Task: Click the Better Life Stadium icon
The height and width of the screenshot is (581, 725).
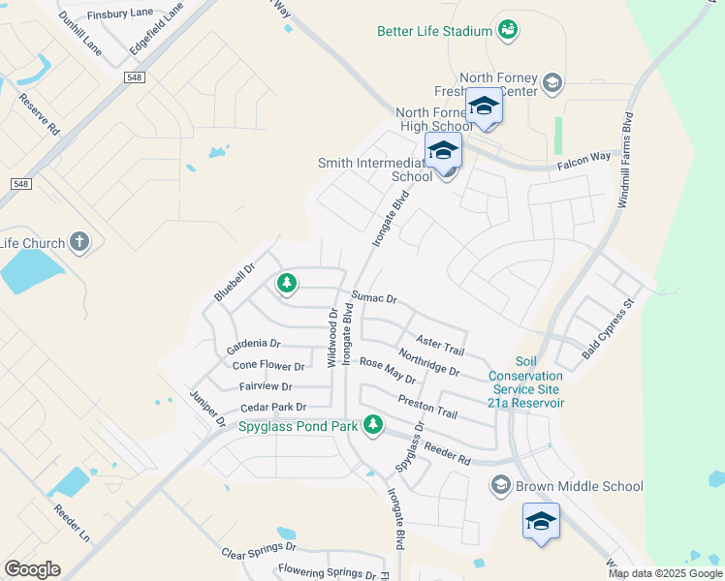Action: click(x=507, y=31)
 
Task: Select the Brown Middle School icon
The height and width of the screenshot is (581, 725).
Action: click(x=501, y=486)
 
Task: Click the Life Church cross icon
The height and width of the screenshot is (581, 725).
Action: click(x=79, y=243)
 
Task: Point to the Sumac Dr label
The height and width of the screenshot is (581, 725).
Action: click(x=375, y=298)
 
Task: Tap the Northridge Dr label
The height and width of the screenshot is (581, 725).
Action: click(x=428, y=361)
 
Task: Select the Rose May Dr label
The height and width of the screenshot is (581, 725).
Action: click(x=387, y=371)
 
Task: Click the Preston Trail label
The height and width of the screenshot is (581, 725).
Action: click(x=426, y=406)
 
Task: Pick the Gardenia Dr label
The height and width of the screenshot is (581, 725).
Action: click(x=253, y=345)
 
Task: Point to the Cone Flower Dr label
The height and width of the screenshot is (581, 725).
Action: click(x=268, y=366)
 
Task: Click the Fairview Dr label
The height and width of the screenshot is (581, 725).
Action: click(x=265, y=386)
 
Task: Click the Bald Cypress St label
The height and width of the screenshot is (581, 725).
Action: click(x=607, y=330)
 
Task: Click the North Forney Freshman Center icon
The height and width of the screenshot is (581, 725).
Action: click(x=552, y=80)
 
